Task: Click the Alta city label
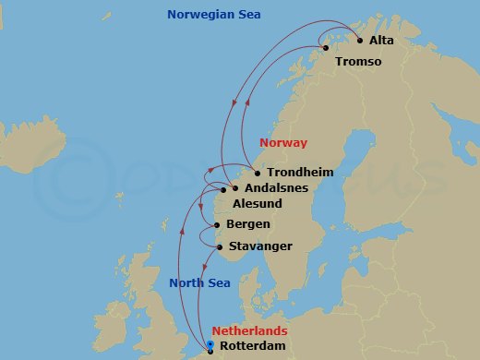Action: (x=381, y=42)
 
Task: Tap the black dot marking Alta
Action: (x=359, y=40)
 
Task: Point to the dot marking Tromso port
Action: (x=325, y=48)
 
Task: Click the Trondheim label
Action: (x=299, y=172)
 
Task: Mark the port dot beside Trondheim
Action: (x=257, y=173)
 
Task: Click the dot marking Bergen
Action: (x=217, y=224)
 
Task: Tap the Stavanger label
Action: (x=262, y=246)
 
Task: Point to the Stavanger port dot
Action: (x=220, y=246)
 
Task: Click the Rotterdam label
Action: (x=253, y=347)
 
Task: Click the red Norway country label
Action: (x=283, y=143)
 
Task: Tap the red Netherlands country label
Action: (x=249, y=330)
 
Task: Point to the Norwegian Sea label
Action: (x=213, y=15)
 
